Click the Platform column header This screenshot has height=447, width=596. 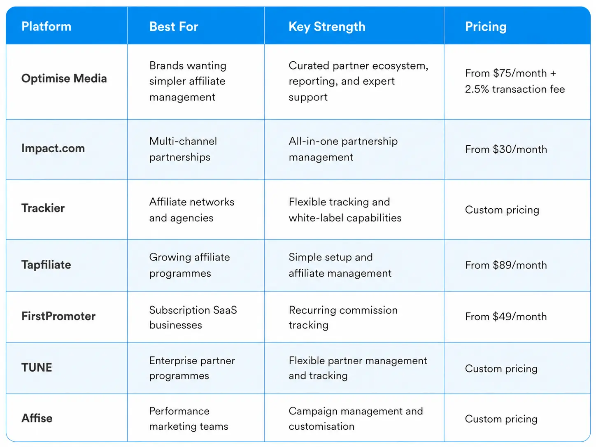coord(47,27)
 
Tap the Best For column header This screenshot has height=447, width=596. coord(174,27)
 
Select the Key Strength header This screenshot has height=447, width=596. coord(327,27)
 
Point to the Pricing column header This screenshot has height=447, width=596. coord(486,27)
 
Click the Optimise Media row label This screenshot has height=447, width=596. coord(64,79)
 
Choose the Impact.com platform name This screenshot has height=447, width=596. coord(53,149)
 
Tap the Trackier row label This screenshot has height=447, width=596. coord(43,208)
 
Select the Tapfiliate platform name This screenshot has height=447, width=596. coord(46,265)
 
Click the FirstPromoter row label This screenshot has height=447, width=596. coord(58,316)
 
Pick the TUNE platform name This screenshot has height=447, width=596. coord(37,368)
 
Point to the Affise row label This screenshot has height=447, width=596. coord(37,418)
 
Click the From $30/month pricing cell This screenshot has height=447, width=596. coord(506,149)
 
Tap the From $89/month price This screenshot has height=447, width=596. coord(506,265)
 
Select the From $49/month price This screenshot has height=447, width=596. coord(506,317)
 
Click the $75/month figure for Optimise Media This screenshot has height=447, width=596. coord(520,73)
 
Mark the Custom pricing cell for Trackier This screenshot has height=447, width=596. coord(502,210)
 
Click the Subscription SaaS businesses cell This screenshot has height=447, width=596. coord(193,317)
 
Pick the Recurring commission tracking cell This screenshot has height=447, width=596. coord(343,317)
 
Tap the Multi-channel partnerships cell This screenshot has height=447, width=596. coord(183,149)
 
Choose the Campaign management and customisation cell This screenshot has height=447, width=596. coord(356,419)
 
